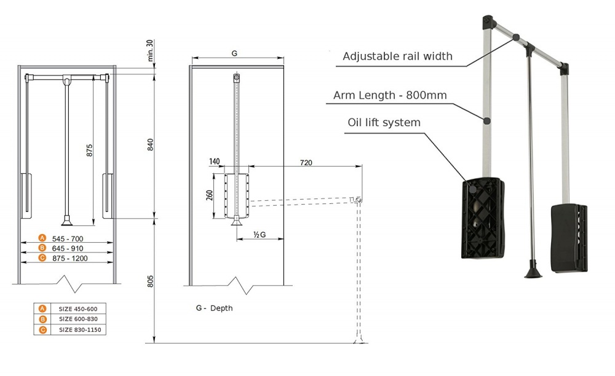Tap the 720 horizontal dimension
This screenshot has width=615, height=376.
tap(306, 163)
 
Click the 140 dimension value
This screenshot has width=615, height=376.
tap(215, 162)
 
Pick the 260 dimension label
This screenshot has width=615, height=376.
tap(209, 197)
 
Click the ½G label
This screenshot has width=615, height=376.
tap(259, 235)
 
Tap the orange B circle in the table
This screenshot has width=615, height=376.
tap(42, 319)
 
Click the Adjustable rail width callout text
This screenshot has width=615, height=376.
tap(397, 57)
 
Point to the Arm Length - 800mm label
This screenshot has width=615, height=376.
tap(390, 95)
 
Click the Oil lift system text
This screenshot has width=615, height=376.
tap(384, 122)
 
